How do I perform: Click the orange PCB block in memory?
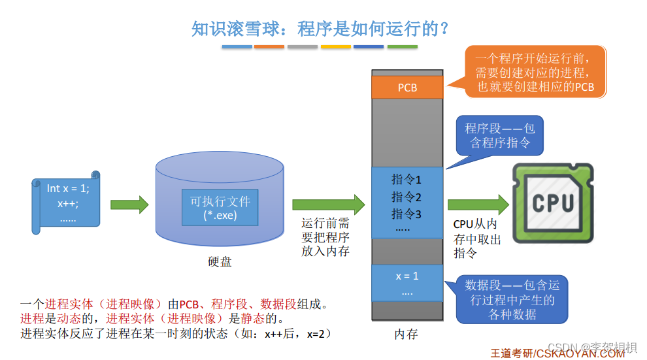407,87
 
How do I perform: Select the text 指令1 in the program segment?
406,179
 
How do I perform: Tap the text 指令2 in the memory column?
406,196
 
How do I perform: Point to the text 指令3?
406,213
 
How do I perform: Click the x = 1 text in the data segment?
406,276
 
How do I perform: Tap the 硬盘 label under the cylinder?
220,262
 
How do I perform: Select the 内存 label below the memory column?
406,334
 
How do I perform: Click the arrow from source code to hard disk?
129,205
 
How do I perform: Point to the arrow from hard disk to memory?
327,205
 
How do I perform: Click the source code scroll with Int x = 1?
67,203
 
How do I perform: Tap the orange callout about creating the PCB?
535,73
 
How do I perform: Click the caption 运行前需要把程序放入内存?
325,237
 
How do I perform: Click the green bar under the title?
403,47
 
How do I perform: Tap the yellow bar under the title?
336,47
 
